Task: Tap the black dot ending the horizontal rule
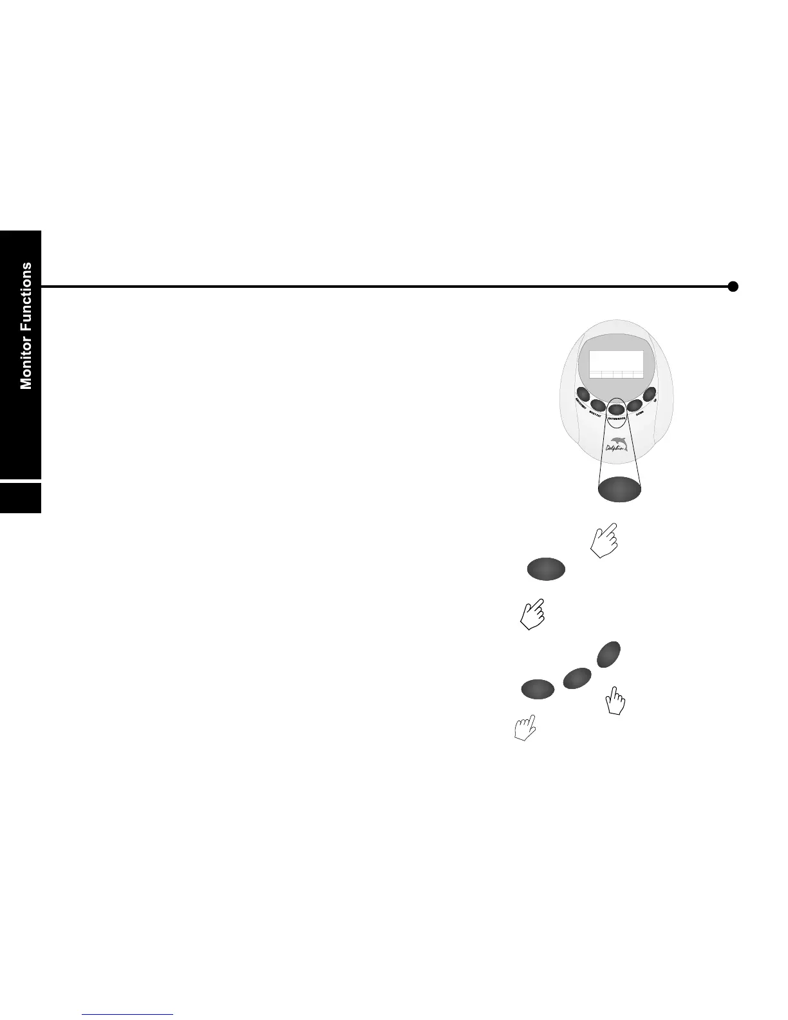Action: tap(733, 287)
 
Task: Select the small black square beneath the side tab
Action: tap(21, 497)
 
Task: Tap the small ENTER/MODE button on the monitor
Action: tap(616, 408)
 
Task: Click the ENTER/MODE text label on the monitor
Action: tap(617, 418)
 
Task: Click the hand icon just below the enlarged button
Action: tap(604, 540)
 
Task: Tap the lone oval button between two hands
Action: tap(546, 569)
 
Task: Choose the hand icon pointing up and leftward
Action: tap(525, 728)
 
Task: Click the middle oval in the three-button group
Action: tap(577, 679)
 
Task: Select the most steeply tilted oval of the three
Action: tap(609, 654)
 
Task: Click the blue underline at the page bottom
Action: tap(128, 1015)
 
